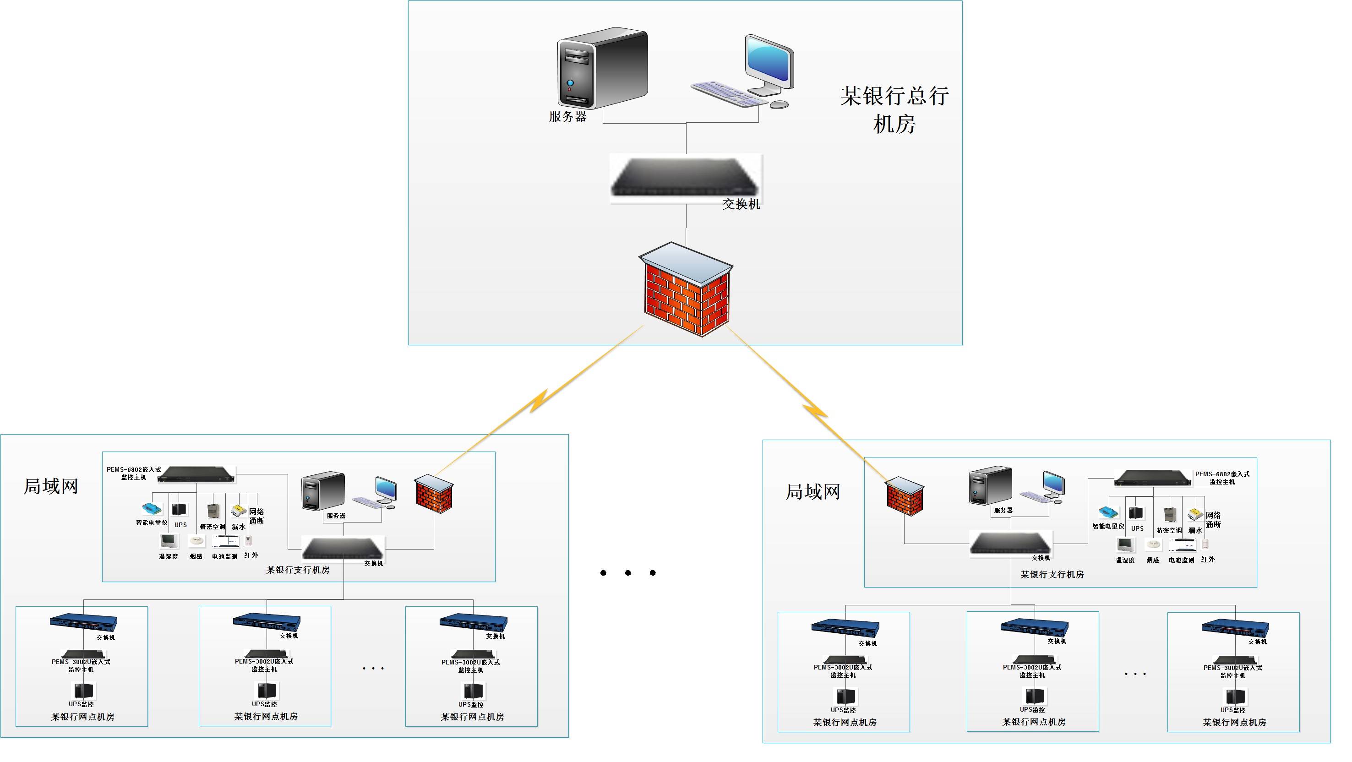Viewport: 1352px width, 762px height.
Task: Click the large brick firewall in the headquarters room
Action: (x=686, y=289)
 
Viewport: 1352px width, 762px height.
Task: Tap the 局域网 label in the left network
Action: (x=51, y=486)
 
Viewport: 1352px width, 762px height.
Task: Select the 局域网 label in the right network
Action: (x=812, y=492)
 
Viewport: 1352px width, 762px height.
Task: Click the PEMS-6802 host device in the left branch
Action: (x=196, y=474)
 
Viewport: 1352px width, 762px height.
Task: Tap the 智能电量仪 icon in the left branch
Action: (x=151, y=509)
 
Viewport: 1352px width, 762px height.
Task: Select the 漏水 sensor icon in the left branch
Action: (x=238, y=511)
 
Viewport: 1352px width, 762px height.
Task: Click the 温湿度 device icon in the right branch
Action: (x=1125, y=545)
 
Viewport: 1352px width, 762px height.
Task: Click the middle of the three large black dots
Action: (x=628, y=572)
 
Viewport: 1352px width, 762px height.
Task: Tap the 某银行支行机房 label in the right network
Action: (x=1052, y=575)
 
